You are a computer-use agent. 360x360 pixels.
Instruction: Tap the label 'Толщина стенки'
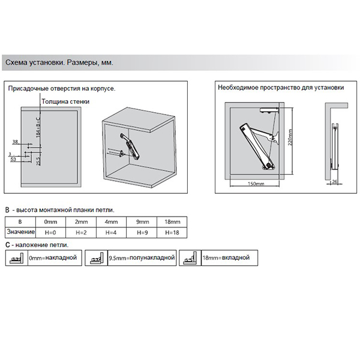point(65,101)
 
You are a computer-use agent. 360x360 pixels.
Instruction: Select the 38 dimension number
point(15,142)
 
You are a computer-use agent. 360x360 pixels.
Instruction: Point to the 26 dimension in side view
point(334,181)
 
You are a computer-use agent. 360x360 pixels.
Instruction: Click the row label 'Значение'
point(19,232)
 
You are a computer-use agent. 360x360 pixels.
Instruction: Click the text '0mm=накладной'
point(53,259)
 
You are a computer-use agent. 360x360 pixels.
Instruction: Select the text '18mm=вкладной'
point(226,258)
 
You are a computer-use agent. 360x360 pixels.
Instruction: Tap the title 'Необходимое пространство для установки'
point(280,88)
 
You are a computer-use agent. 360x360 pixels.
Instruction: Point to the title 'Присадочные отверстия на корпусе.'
point(61,88)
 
